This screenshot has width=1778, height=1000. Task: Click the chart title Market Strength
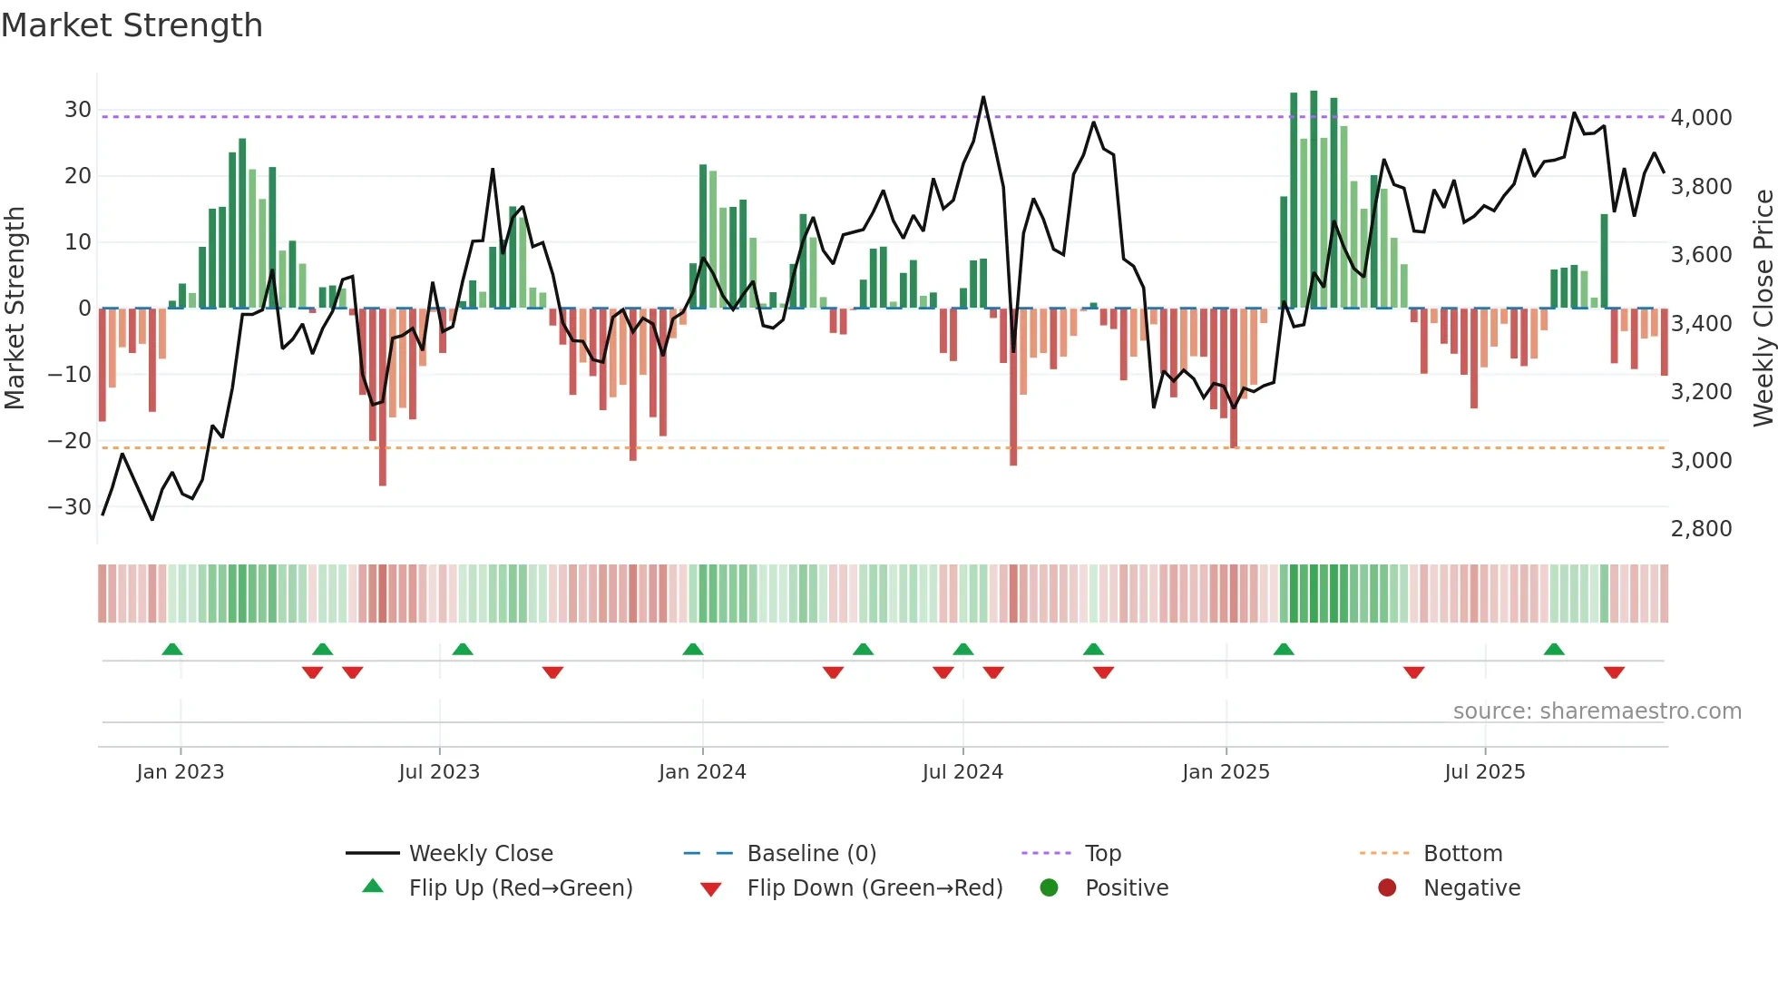coord(132,25)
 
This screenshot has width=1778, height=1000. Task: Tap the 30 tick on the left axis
coord(77,110)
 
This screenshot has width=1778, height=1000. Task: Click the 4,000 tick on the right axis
coord(1701,118)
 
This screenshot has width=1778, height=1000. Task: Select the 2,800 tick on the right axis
coord(1701,529)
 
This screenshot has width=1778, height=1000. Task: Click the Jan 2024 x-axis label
coord(702,772)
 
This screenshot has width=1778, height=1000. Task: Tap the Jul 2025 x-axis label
coord(1484,772)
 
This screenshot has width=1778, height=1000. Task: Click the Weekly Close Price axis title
coord(1763,308)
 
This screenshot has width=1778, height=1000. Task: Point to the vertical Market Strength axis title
coord(15,308)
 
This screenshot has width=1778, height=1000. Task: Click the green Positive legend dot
coord(1049,888)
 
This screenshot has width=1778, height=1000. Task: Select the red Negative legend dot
coord(1387,888)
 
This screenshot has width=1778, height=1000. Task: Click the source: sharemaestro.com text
coord(1597,711)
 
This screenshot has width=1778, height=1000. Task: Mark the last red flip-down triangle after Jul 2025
coord(1614,672)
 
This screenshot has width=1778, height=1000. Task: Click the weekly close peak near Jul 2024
coord(983,97)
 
